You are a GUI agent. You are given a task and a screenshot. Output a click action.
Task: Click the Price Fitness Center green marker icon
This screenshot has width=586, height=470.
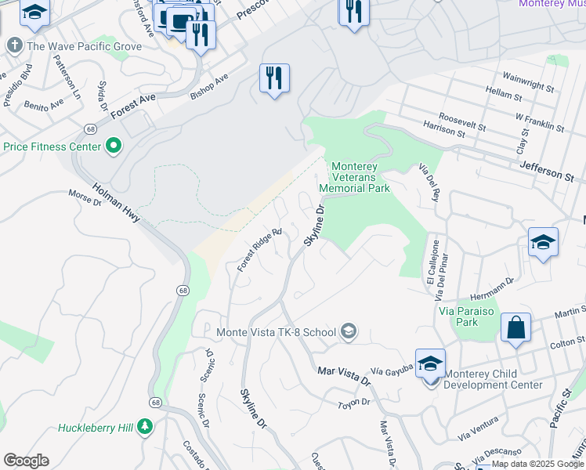click(114, 146)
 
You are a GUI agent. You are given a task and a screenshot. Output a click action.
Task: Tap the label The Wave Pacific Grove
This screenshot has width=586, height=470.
click(84, 46)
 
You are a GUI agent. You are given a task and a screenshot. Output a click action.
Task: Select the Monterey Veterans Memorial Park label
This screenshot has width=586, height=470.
click(360, 177)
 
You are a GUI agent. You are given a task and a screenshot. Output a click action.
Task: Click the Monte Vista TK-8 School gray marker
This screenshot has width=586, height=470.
click(349, 332)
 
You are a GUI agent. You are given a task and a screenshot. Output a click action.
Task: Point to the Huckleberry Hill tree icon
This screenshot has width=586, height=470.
click(144, 427)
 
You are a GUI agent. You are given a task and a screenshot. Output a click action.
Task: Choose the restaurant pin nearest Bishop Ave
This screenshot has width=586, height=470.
click(274, 78)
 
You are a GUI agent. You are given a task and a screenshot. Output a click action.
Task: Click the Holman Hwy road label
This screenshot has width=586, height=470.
click(116, 203)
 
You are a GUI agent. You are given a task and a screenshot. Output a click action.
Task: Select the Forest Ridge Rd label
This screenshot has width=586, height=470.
click(259, 250)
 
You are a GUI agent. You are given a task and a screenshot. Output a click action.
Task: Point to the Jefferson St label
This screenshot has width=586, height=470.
click(546, 172)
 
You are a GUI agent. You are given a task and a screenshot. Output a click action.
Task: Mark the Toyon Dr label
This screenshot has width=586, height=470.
click(353, 402)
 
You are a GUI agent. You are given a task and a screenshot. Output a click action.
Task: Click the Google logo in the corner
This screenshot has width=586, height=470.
click(26, 461)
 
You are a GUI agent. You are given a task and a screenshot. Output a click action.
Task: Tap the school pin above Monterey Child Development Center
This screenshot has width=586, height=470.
click(430, 363)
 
